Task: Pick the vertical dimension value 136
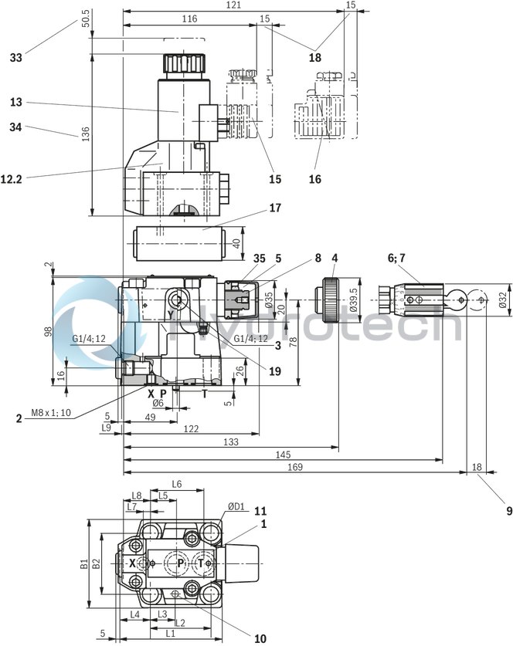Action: (77, 135)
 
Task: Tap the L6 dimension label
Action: (176, 484)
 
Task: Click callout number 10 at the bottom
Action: (260, 638)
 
